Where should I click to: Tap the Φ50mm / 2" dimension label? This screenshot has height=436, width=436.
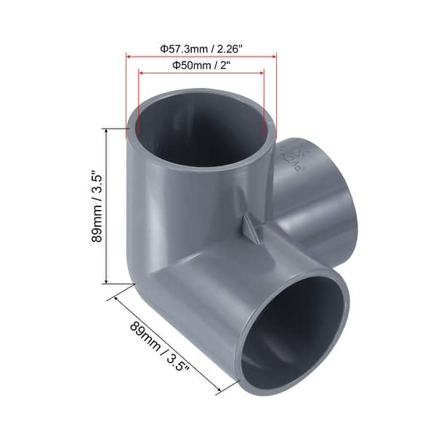(201, 65)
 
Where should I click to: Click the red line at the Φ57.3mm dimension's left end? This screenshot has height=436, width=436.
(128, 94)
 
